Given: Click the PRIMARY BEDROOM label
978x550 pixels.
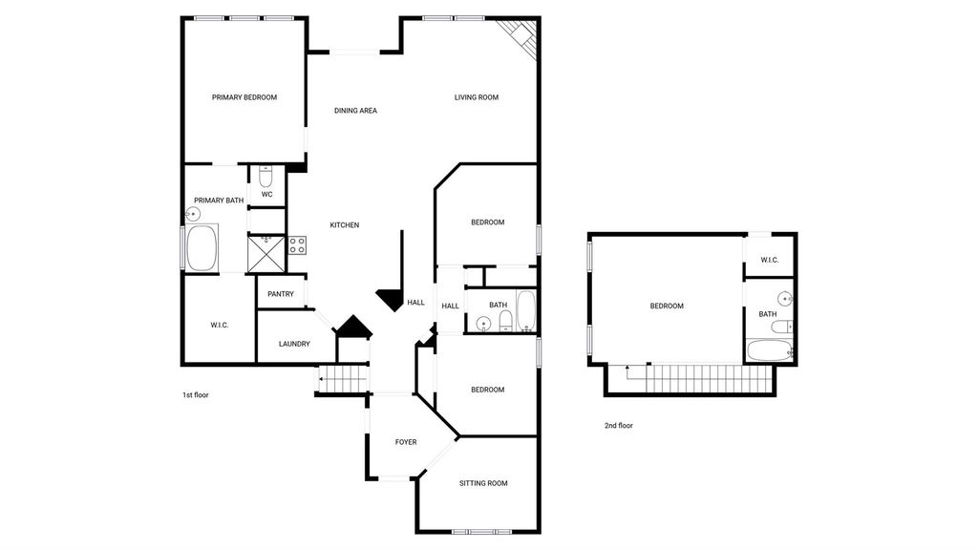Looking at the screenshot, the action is coord(244,97).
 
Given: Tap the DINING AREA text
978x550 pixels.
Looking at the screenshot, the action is coord(355,111).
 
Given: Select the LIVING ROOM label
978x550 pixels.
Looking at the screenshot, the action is coord(476,97).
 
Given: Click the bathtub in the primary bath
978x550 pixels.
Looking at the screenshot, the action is coord(202,247).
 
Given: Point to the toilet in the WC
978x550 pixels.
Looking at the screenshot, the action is coord(266,177).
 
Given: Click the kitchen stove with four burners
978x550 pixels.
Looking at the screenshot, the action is coord(297,245).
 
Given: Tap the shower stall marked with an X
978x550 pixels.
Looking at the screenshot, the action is coord(266,253).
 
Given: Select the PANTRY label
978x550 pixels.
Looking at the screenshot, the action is coord(281,294).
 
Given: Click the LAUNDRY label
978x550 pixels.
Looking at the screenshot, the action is coord(294,344).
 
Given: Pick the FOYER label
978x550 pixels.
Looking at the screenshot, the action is coord(406,442).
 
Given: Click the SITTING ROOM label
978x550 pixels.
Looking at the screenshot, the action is coord(483,483).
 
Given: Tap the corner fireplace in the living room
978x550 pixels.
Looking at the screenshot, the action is coord(522,38).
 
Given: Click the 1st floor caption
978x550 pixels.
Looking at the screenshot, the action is coord(195,394).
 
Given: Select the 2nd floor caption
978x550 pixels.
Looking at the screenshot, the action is coord(619,425).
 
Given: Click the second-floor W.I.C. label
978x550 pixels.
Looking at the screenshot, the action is coord(770,260).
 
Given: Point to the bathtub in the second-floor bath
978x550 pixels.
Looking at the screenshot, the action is coord(771,350).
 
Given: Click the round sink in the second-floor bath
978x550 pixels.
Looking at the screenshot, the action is coord(785,299).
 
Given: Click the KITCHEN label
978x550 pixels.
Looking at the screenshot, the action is coord(344,225).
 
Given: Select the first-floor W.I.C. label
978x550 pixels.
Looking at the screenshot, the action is coord(220,325).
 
